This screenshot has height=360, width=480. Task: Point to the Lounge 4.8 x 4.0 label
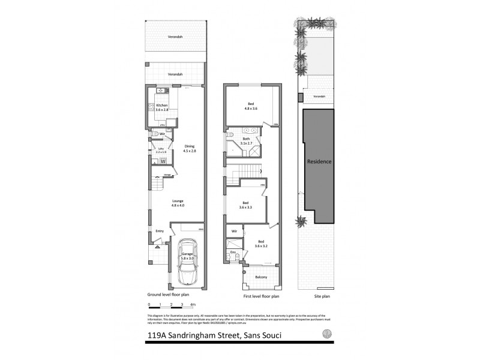coord(177,203)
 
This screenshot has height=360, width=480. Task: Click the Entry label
coord(160,231)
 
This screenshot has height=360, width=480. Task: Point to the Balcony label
coord(259,278)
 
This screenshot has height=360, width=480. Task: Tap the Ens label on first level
coord(233,253)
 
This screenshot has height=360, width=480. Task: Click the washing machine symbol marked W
coord(163,161)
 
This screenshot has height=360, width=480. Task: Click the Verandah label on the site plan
coord(319,96)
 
